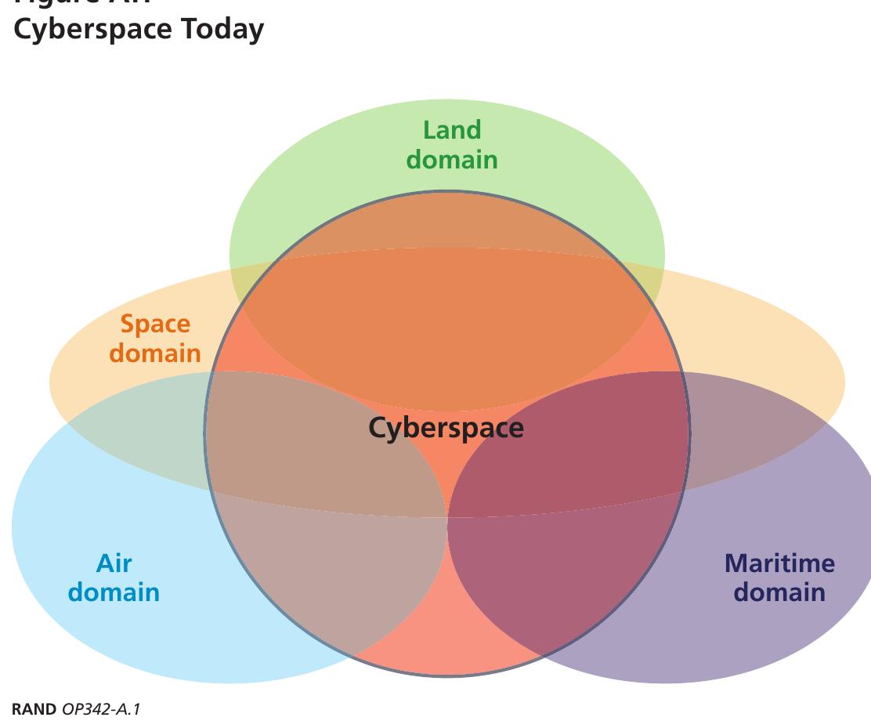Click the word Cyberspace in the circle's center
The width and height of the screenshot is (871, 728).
pyautogui.click(x=446, y=428)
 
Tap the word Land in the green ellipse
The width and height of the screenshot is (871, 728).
pyautogui.click(x=452, y=130)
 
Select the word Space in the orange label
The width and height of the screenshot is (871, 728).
pyautogui.click(x=155, y=324)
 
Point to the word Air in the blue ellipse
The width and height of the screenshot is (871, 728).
pyautogui.click(x=114, y=563)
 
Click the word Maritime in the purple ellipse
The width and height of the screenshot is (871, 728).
pyautogui.click(x=779, y=563)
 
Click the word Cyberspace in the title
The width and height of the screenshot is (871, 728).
pyautogui.click(x=95, y=29)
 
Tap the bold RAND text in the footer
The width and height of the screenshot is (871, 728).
pyautogui.click(x=34, y=709)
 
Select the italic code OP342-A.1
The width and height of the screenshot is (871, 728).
pyautogui.click(x=100, y=709)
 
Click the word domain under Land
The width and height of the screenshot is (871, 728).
pyautogui.click(x=452, y=159)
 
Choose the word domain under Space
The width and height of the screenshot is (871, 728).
pyautogui.click(x=155, y=353)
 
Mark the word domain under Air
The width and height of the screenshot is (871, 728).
pyautogui.click(x=114, y=592)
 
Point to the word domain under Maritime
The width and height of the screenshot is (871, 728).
pyautogui.click(x=779, y=592)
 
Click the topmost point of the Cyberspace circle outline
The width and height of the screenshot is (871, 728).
pyautogui.click(x=447, y=191)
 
